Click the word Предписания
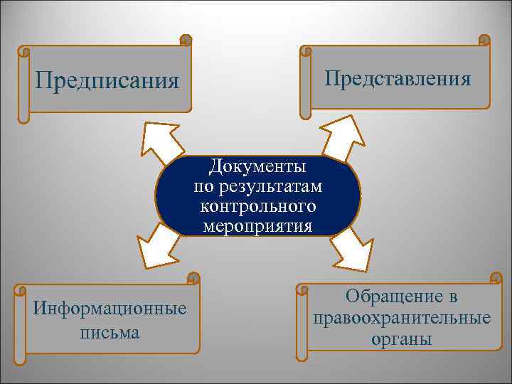107,79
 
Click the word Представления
398,78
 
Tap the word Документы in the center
257,167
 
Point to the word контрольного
257,207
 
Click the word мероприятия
257,227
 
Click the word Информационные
110,309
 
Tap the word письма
110,332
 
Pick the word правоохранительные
401,317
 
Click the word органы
401,339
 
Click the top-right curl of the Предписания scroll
186,40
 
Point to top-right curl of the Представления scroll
484,40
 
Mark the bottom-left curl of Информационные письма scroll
21,360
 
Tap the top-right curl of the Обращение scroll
496,277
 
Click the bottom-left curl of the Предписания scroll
23,117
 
